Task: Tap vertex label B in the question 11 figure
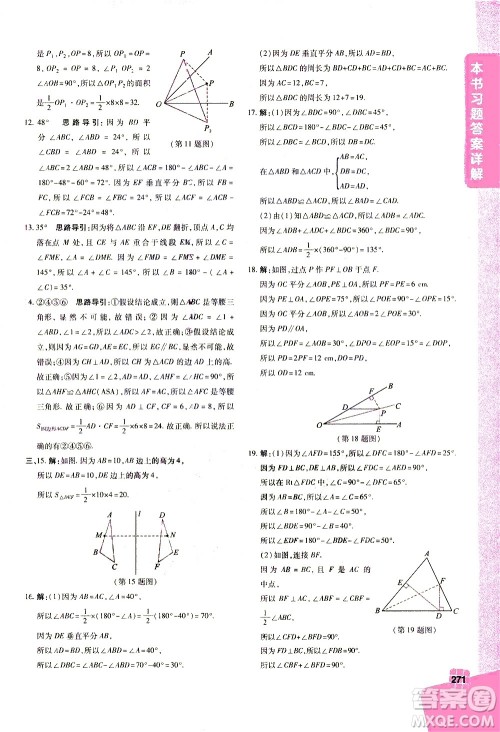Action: click(x=232, y=103)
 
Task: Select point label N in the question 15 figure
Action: click(x=174, y=534)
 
